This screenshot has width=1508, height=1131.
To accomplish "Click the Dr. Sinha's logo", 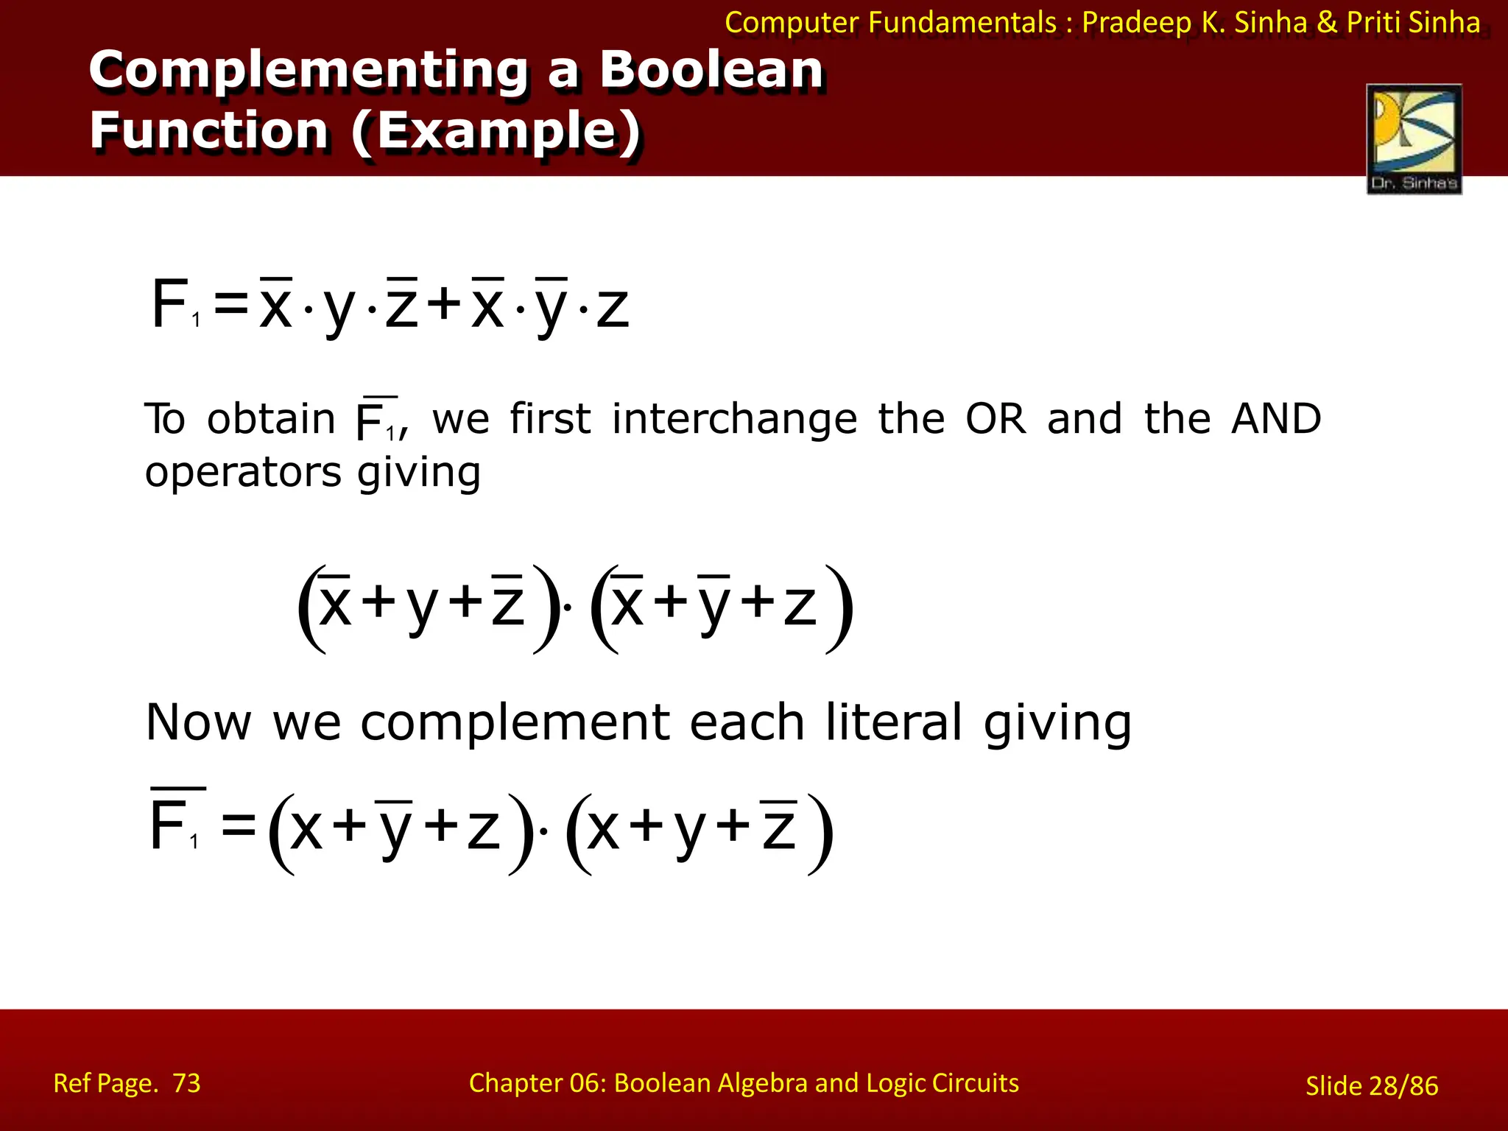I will pos(1414,138).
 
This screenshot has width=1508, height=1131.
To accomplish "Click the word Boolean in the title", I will pos(711,71).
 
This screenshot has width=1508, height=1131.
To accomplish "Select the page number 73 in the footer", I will pos(186,1083).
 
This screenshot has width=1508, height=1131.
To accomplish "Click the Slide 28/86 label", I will pos(1371,1085).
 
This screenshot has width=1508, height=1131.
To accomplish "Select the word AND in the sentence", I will pos(1276,419).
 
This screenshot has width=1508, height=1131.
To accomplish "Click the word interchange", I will pos(734,419).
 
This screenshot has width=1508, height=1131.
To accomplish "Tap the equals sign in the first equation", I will pos(230,305).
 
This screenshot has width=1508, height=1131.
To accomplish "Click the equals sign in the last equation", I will pos(239,825).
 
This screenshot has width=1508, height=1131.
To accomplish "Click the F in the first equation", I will pos(169,303).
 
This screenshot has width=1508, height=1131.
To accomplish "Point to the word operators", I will pos(243,473).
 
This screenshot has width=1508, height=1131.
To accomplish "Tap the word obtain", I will pos(271,419).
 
